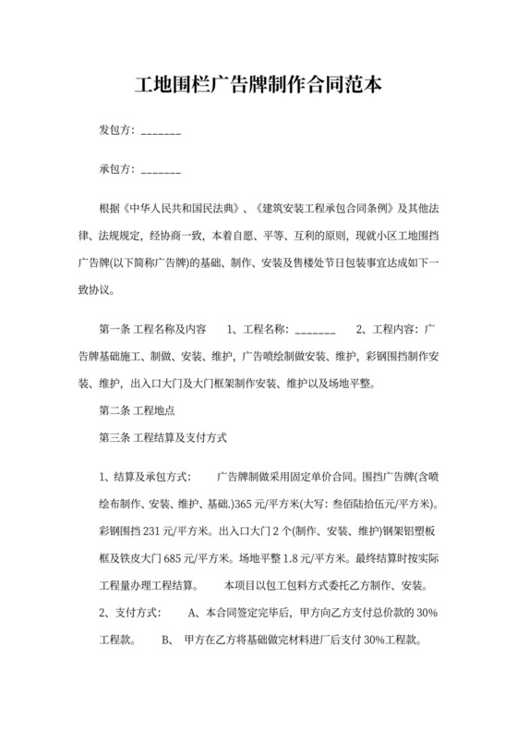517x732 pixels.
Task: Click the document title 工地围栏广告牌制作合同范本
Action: pos(258,85)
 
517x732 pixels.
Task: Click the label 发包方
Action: pos(117,130)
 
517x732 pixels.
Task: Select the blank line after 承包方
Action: pos(162,171)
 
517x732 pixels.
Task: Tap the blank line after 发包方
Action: pos(162,131)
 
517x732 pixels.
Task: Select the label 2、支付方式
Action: pos(130,613)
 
